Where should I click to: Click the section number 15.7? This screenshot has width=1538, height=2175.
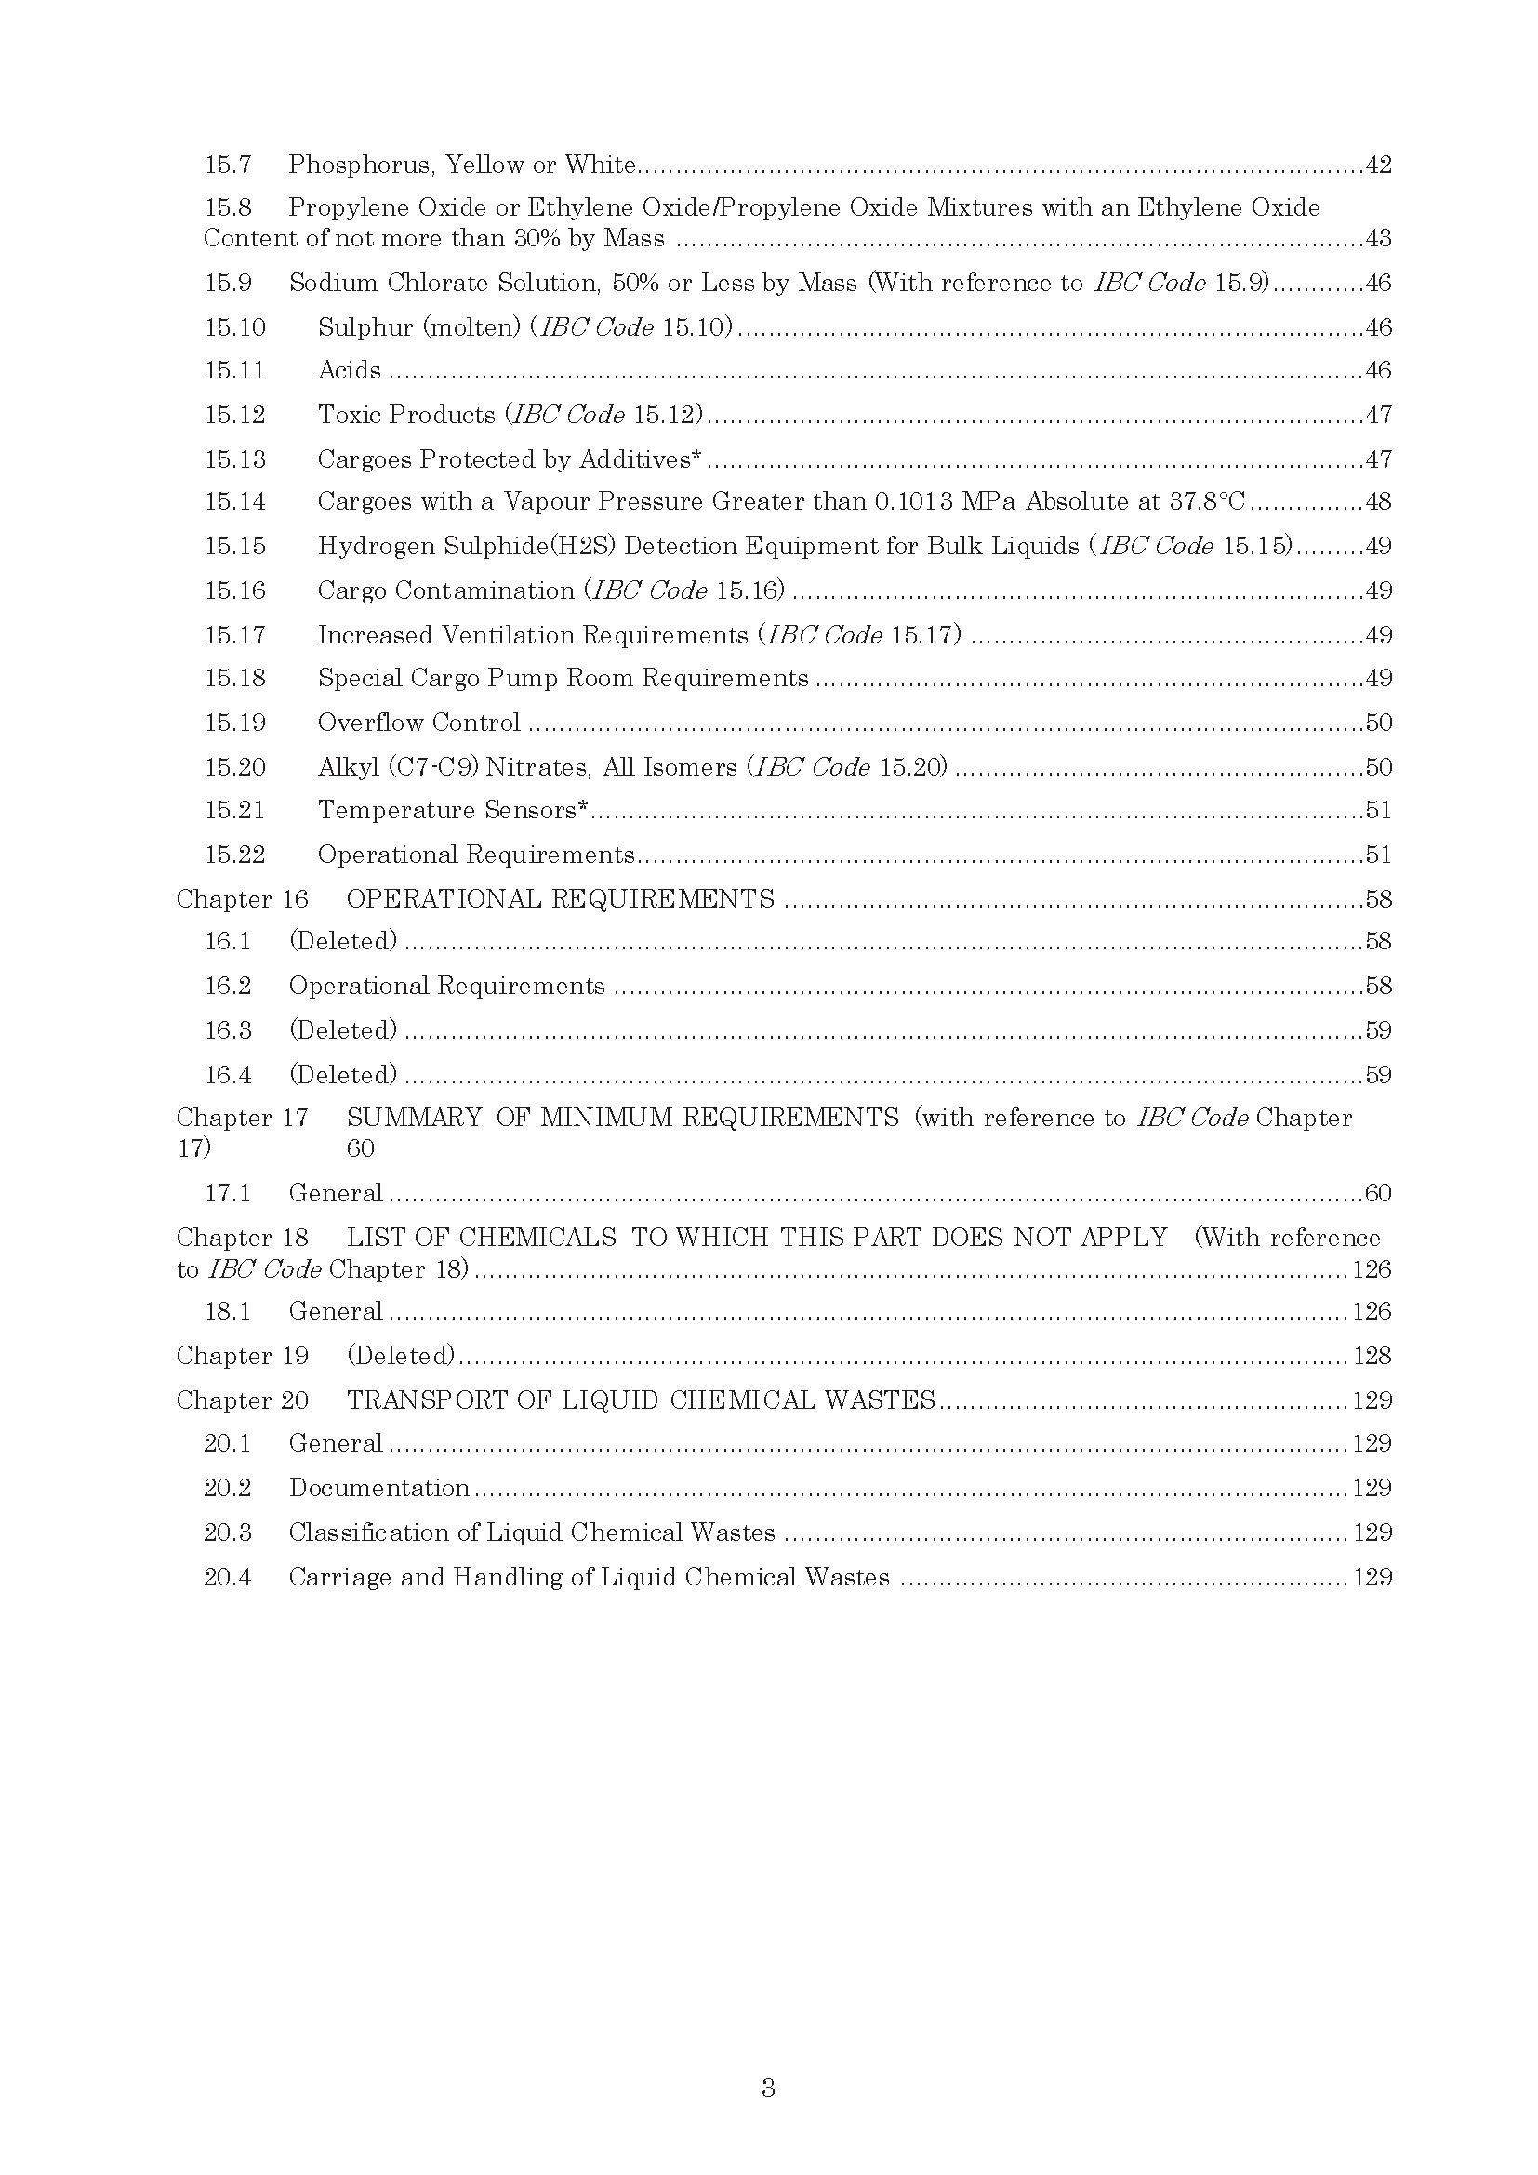tap(228, 165)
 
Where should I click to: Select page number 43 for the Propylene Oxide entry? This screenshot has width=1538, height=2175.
tap(1378, 238)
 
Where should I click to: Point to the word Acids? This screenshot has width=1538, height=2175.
tap(350, 369)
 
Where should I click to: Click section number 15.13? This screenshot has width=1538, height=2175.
tap(235, 459)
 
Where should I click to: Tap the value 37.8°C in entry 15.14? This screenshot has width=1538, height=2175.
tap(1208, 501)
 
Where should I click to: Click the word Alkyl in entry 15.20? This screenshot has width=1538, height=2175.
tap(349, 766)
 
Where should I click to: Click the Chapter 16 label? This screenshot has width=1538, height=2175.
tap(243, 899)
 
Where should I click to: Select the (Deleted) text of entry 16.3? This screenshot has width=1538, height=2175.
tap(343, 1029)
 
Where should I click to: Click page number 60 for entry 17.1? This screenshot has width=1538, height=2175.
tap(1378, 1193)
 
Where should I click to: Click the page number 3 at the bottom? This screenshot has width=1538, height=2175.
tap(768, 2088)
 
